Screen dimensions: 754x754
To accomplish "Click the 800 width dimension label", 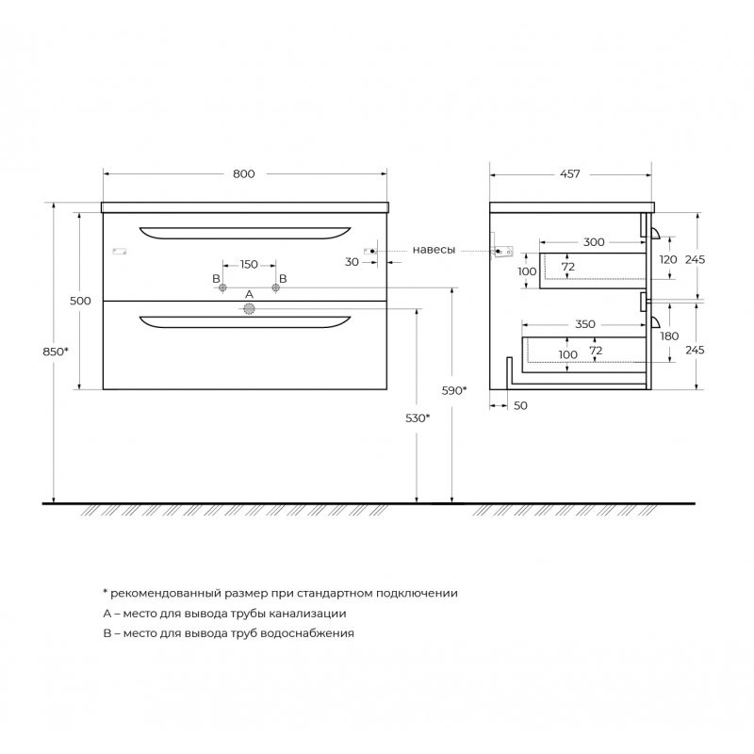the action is (x=244, y=173).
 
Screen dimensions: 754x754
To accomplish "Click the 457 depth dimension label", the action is (x=570, y=173).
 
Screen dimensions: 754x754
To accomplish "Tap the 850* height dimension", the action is (x=56, y=352).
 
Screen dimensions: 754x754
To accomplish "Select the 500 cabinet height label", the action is (x=80, y=301).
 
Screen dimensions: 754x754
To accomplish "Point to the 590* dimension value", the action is (x=454, y=391).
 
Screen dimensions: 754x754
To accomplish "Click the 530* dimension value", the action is (x=418, y=418).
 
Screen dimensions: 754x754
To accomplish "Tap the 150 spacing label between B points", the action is (x=249, y=265).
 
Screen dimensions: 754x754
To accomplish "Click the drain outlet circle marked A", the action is (x=249, y=309).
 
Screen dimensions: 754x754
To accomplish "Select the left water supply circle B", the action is (x=222, y=287).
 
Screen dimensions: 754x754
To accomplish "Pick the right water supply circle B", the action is (x=275, y=287).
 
